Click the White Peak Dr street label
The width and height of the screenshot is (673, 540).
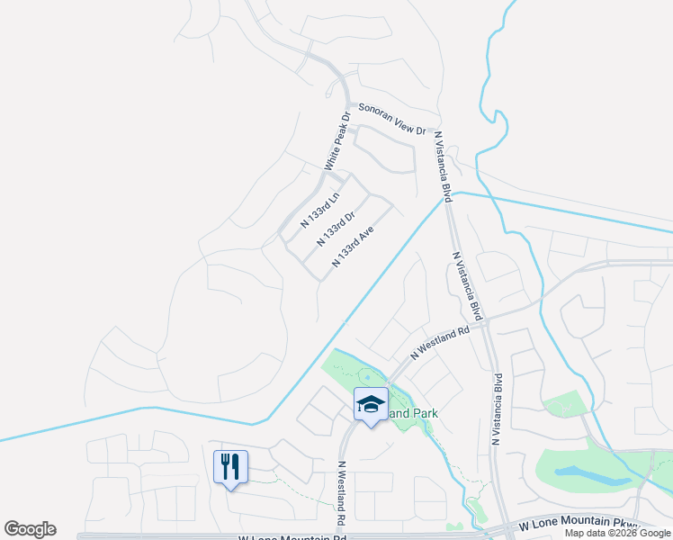[x=337, y=140]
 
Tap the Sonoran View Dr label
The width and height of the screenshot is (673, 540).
[x=391, y=119]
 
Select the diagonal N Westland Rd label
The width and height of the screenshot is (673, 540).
[x=440, y=343]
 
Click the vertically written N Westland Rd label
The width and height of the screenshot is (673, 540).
[x=342, y=494]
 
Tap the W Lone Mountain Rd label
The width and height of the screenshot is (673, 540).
[x=292, y=536]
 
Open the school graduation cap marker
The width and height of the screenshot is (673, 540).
[x=370, y=404]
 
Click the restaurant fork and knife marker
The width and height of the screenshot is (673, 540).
[x=230, y=466]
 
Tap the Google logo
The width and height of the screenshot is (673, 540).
[x=30, y=529]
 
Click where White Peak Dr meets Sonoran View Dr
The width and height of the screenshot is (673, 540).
[x=349, y=105]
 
